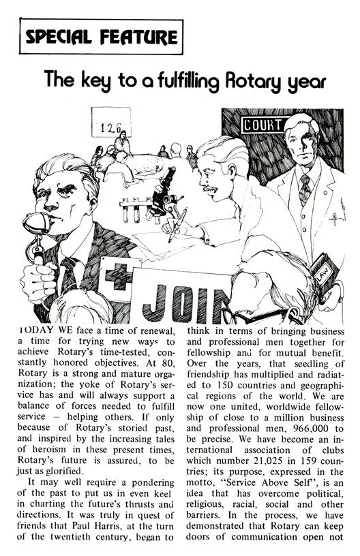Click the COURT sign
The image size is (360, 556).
(259, 125)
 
